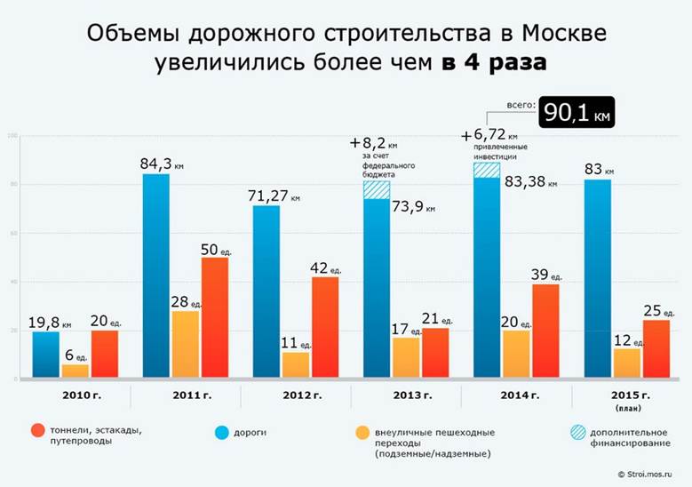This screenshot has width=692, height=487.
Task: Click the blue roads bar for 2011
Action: point(156,275)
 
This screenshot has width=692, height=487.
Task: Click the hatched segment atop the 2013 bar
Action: point(377,190)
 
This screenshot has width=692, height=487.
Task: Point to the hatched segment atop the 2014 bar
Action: point(486,170)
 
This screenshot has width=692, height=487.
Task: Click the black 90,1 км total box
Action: point(578,113)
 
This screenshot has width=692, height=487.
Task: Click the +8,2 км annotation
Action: point(374,142)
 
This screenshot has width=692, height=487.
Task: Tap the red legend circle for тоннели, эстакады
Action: point(37,433)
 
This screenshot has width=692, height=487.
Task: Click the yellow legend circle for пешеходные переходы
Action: point(362,433)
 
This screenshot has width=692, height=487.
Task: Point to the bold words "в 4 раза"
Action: point(492,64)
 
